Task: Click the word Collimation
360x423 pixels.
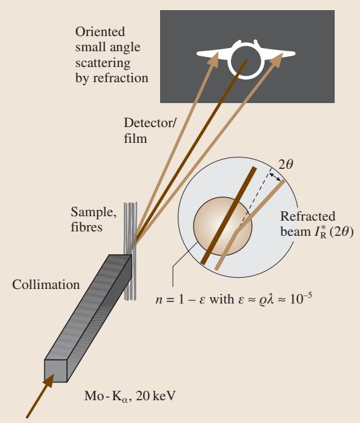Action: [46, 285]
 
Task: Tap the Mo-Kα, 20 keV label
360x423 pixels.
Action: [130, 396]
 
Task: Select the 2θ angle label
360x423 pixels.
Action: [285, 164]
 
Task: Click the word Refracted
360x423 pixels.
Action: [307, 216]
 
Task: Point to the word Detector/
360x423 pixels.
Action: [150, 123]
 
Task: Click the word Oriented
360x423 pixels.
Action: [100, 32]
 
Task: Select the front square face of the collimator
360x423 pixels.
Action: [56, 371]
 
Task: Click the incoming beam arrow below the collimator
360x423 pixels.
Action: [40, 396]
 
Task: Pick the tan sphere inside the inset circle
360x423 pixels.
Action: [223, 226]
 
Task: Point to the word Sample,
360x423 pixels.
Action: [94, 212]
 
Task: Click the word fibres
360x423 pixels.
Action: [87, 227]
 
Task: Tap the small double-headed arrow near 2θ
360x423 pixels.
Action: [275, 177]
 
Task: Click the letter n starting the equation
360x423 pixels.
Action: [159, 300]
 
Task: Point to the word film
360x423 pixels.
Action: [135, 138]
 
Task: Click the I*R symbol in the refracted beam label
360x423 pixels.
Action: [320, 232]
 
